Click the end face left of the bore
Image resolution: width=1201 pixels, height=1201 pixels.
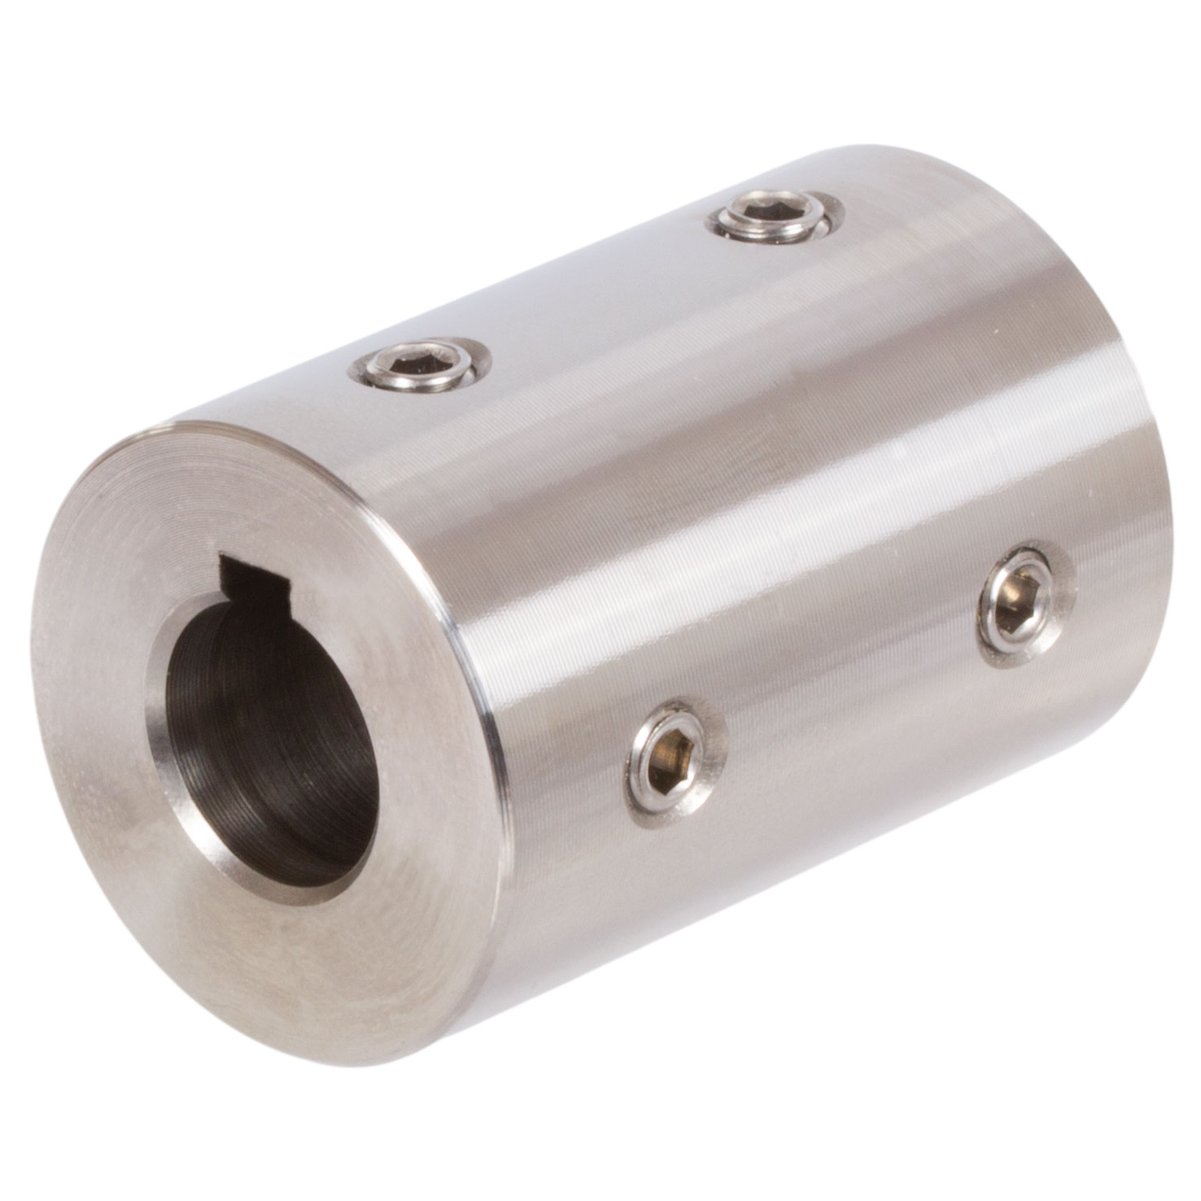coord(106,732)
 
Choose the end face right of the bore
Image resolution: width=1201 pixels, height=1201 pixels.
coord(431,732)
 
